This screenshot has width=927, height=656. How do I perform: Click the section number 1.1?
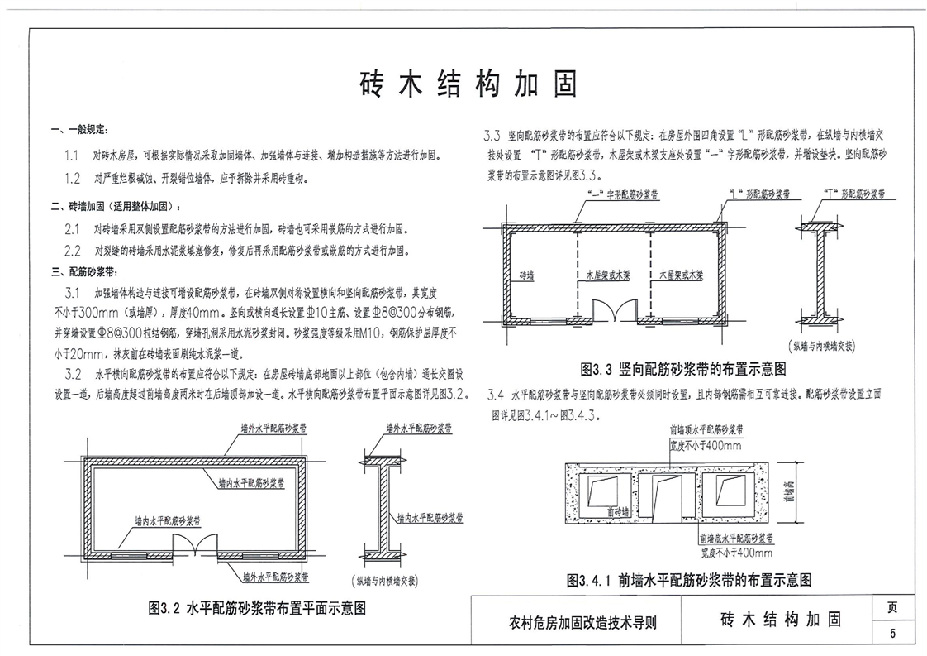[73, 155]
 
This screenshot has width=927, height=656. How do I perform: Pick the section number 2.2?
[73, 251]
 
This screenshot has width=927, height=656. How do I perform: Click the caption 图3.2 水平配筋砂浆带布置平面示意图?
[257, 608]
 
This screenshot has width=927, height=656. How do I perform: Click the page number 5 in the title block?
[892, 634]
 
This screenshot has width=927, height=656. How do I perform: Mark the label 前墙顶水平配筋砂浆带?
[706, 430]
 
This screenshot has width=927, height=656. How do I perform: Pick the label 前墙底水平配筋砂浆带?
[734, 539]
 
